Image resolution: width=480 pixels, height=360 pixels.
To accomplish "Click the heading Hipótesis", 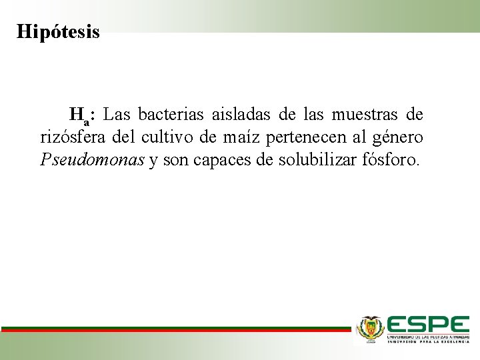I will (58, 31).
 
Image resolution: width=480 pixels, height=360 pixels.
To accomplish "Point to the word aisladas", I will (242, 115).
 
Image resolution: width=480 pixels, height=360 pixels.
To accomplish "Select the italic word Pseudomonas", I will (92, 161).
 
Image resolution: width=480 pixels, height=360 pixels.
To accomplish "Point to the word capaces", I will (218, 161).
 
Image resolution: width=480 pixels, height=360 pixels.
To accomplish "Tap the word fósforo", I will (394, 161).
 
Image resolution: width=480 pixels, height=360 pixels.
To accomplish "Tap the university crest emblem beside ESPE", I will (371, 328).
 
